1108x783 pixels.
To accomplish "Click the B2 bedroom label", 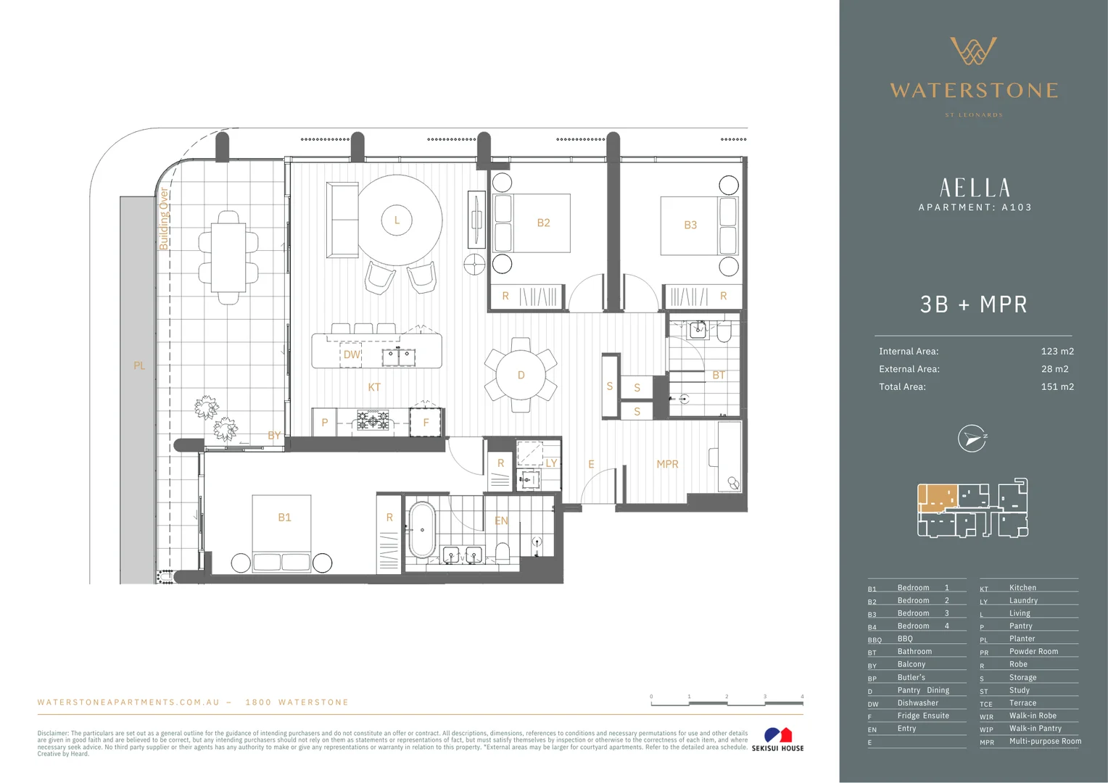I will pyautogui.click(x=543, y=223).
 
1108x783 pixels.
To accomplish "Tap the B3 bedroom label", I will pyautogui.click(x=690, y=225).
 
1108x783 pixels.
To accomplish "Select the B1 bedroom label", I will pyautogui.click(x=284, y=517).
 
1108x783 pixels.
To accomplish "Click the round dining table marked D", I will pyautogui.click(x=521, y=375).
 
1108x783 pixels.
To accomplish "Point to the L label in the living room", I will pyautogui.click(x=397, y=220).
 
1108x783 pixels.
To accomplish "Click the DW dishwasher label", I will pyautogui.click(x=352, y=355).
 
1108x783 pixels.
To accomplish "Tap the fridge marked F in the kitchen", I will pyautogui.click(x=426, y=423).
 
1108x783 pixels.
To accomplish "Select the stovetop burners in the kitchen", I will pyautogui.click(x=373, y=420).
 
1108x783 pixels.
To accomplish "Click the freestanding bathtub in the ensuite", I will pyautogui.click(x=421, y=531).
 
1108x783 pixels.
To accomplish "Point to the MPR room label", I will pyautogui.click(x=667, y=464).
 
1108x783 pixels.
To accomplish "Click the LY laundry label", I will pyautogui.click(x=551, y=463).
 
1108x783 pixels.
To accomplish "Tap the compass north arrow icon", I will pyautogui.click(x=972, y=439).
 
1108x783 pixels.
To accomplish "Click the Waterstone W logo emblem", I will pyautogui.click(x=973, y=51).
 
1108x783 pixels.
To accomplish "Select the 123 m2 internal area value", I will pyautogui.click(x=1057, y=351).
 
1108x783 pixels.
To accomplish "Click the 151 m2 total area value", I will pyautogui.click(x=1057, y=386).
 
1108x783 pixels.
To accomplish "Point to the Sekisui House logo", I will pyautogui.click(x=777, y=739).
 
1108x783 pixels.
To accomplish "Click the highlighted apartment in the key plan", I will pyautogui.click(x=937, y=497).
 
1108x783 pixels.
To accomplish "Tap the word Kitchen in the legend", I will pyautogui.click(x=1022, y=588).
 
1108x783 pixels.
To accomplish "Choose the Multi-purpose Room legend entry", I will pyautogui.click(x=1045, y=741).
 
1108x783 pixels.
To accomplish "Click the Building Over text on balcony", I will pyautogui.click(x=164, y=219).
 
